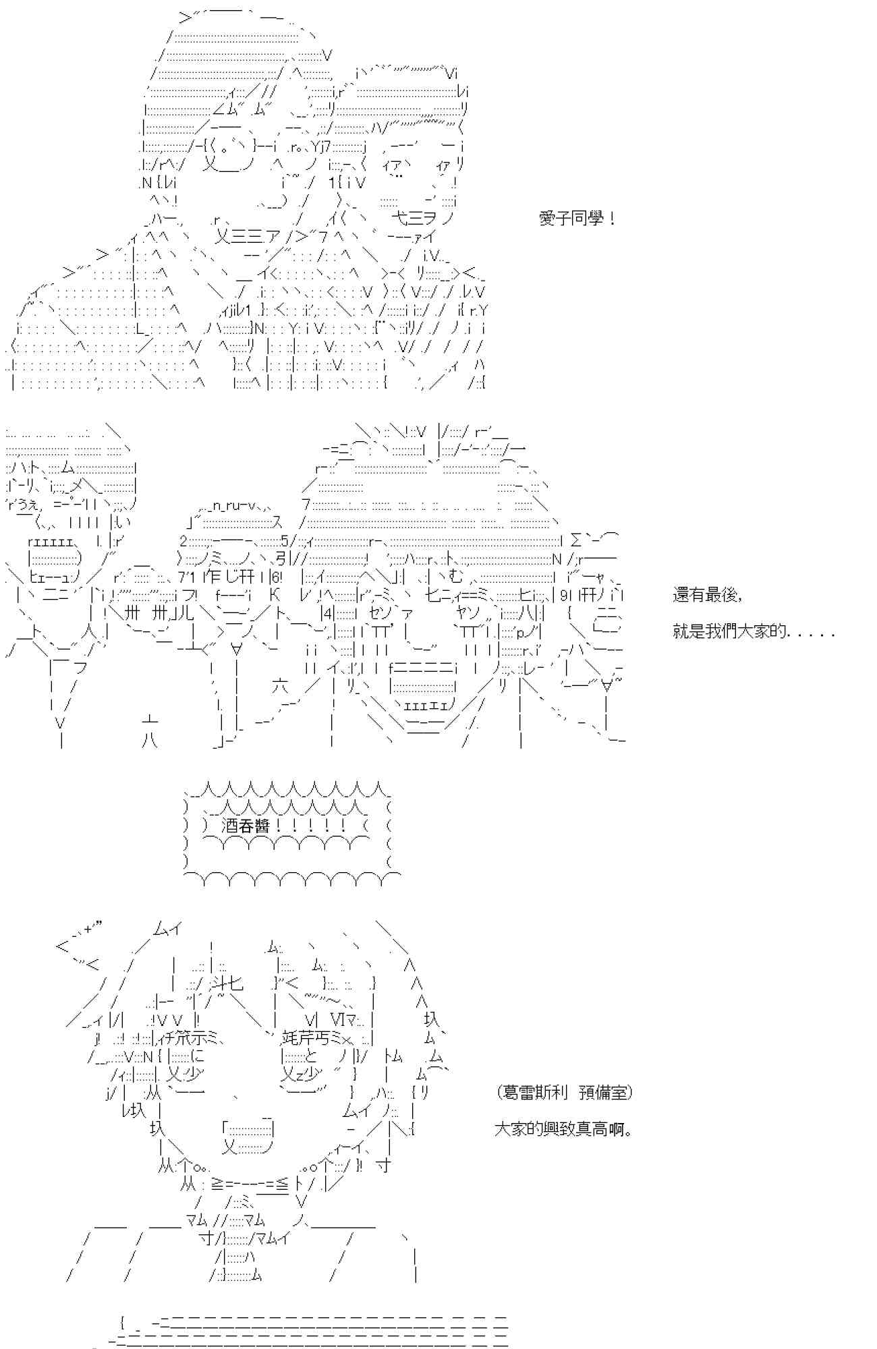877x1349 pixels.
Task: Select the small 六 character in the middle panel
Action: [281, 687]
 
